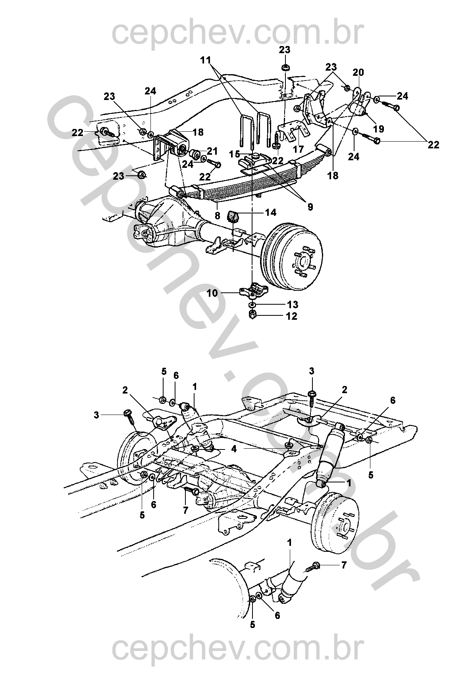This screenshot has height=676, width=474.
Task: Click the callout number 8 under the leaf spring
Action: (x=218, y=216)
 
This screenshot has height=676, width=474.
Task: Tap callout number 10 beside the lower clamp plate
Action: (x=212, y=293)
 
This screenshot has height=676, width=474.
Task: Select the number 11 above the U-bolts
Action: (x=206, y=60)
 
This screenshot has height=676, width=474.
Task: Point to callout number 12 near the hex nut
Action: (x=292, y=316)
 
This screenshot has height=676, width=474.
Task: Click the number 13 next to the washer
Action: (x=292, y=305)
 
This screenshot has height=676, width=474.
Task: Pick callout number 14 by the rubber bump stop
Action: (x=271, y=213)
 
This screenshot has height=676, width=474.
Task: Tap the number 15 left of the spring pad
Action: (x=234, y=154)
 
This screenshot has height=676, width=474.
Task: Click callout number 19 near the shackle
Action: (x=379, y=129)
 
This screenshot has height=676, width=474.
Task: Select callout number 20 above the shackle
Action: (x=358, y=73)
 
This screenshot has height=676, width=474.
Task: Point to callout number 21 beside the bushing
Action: (x=212, y=151)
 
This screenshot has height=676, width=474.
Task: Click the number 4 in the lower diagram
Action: (x=234, y=449)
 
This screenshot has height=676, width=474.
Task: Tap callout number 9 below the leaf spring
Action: (x=310, y=207)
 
